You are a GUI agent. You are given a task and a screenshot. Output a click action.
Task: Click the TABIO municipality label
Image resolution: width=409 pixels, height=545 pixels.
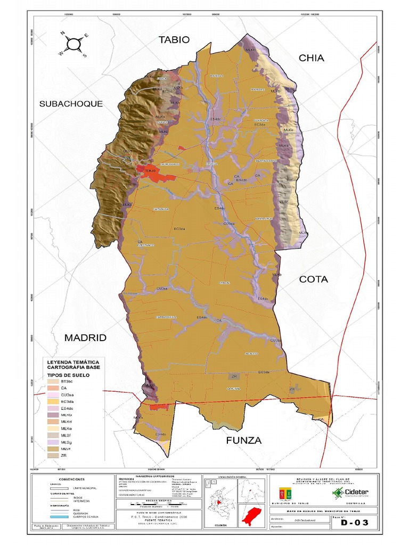click(x=174, y=40)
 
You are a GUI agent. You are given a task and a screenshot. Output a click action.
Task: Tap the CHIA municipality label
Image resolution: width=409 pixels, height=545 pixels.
click(x=311, y=58)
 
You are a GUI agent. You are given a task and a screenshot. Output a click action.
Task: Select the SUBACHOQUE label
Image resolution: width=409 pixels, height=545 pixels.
click(x=71, y=104)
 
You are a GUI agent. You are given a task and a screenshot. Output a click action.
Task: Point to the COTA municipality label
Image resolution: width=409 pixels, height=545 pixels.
click(x=313, y=279)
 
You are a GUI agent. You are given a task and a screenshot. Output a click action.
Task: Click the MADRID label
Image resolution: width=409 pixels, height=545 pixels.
click(x=85, y=337)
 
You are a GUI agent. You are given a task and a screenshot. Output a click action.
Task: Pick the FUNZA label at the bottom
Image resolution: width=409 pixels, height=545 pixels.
click(x=243, y=440)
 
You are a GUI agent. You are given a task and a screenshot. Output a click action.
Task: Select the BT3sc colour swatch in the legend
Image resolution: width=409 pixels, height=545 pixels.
click(x=52, y=381)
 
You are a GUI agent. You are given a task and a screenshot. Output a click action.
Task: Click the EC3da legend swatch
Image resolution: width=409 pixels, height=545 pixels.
click(x=52, y=401)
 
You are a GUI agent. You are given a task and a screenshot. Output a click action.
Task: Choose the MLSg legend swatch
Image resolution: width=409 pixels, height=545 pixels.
click(x=52, y=442)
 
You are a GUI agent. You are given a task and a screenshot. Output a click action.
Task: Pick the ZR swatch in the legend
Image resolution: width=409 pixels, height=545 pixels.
click(x=52, y=455)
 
